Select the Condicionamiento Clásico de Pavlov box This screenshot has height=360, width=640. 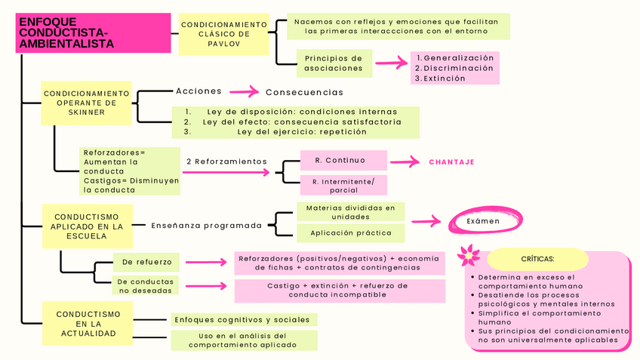tap(224, 34)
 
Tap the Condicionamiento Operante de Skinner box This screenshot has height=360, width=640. tap(86, 103)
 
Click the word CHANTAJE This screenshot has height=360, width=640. tap(451, 162)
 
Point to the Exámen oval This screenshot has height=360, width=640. tap(483, 221)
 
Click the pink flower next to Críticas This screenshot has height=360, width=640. tap(469, 254)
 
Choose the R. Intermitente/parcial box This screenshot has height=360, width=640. tap(343, 186)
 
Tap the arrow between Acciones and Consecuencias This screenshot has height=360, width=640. tap(244, 92)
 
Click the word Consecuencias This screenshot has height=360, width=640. tap(304, 92)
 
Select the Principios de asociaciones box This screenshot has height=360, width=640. tap(333, 63)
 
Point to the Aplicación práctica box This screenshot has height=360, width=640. tap(351, 233)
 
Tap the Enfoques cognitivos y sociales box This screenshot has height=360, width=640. tap(242, 320)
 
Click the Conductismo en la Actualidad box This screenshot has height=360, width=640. tap(88, 323)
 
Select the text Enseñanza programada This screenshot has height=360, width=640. tap(206, 225)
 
